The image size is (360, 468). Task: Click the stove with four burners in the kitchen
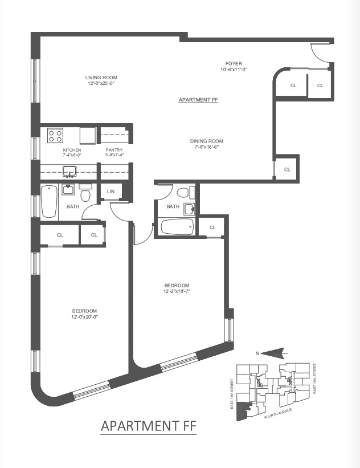point(55,136)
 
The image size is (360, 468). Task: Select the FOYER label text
point(234,63)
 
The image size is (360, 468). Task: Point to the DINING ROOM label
point(206,141)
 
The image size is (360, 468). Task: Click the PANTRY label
point(114,150)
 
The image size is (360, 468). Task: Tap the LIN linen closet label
point(111,192)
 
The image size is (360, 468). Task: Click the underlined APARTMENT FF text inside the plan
point(198,100)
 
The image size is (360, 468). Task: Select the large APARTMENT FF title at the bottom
point(149,426)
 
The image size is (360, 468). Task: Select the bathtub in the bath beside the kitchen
point(49,203)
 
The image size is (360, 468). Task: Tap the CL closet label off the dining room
point(287,169)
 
